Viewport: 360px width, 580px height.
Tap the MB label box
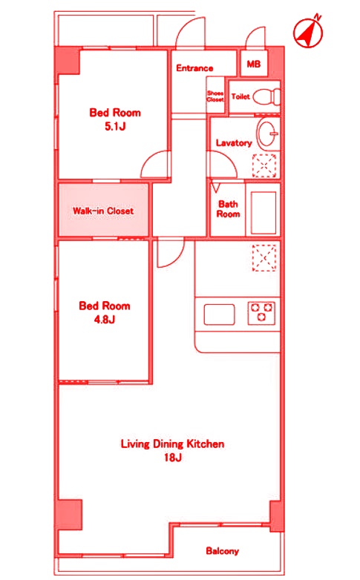254,64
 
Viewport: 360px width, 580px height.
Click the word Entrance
194,68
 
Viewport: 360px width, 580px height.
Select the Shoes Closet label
215,96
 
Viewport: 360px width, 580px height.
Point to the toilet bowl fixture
267,96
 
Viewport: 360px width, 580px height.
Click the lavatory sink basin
268,134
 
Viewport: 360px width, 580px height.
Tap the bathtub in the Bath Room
264,213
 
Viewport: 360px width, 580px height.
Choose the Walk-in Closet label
103,211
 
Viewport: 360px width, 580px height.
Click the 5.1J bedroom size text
115,127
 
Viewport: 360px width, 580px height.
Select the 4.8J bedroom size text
105,319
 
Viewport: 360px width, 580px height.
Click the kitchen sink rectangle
219,314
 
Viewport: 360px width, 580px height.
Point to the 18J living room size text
173,458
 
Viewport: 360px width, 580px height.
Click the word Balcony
222,551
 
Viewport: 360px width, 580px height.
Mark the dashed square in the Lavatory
264,165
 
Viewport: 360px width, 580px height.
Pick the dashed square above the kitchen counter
264,257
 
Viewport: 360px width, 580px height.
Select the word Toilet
240,96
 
